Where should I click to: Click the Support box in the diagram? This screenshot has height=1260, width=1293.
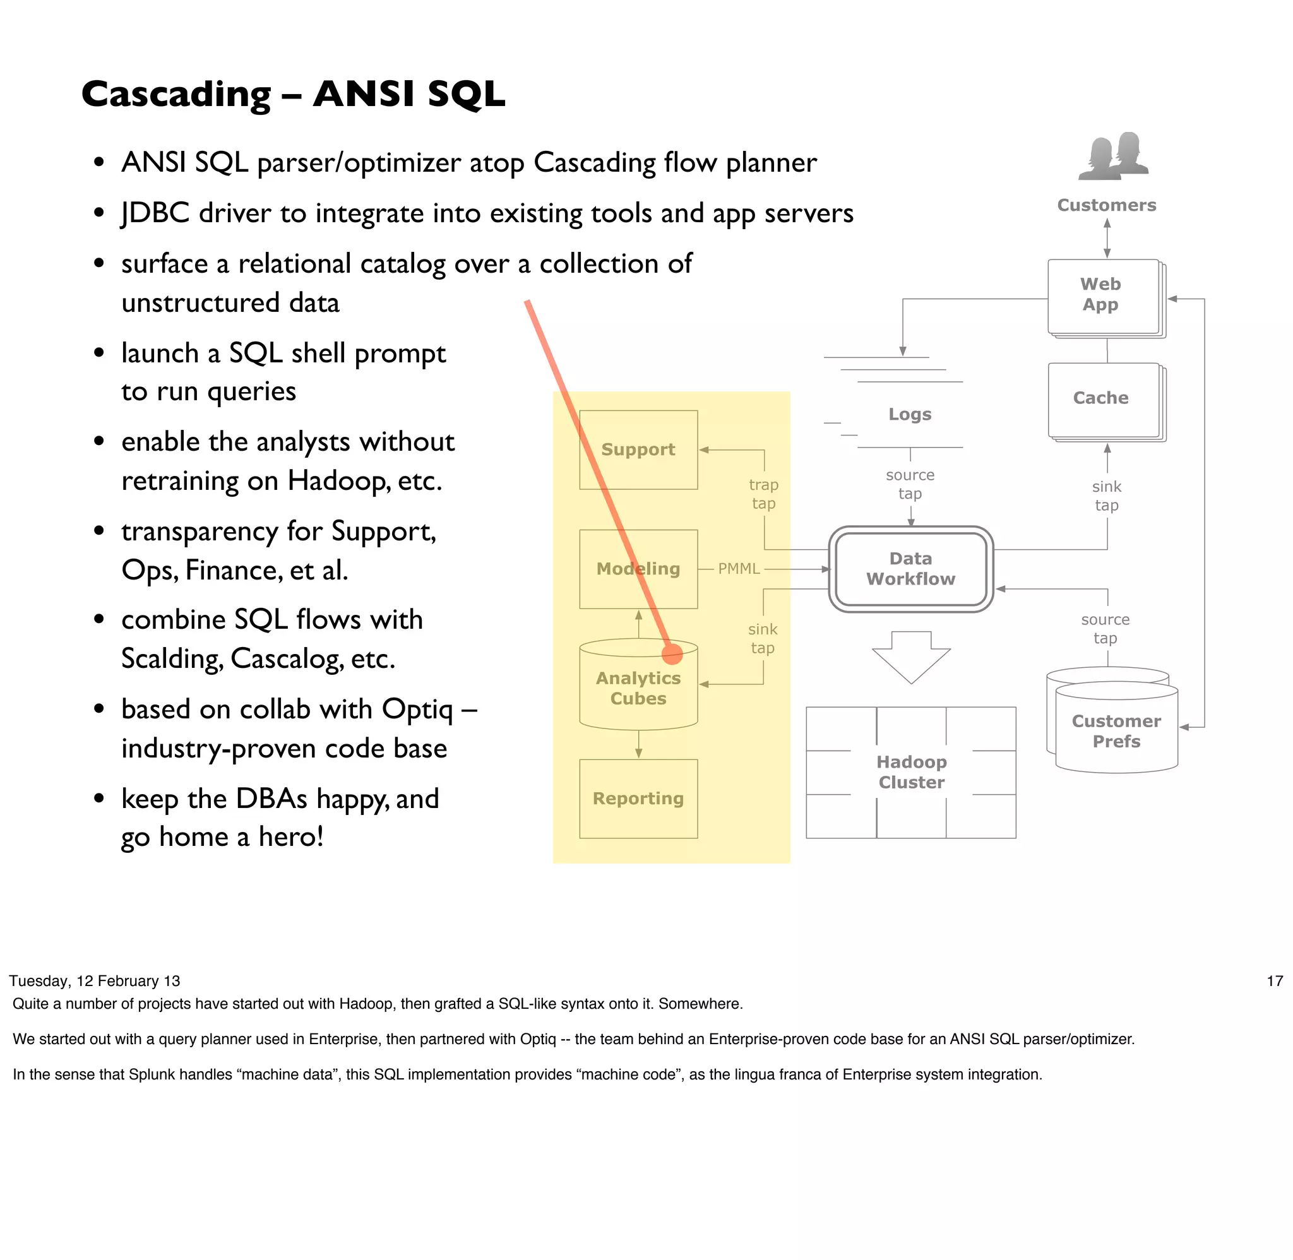(x=638, y=450)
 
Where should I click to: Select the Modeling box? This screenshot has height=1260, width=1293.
(x=638, y=569)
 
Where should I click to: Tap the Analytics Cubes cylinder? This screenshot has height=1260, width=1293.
(x=638, y=689)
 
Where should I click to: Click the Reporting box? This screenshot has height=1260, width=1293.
(x=638, y=799)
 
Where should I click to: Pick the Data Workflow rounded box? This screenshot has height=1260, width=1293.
(x=910, y=569)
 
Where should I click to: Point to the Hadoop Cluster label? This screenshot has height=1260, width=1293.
(x=911, y=772)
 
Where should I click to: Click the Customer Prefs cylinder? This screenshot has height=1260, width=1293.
(x=1116, y=730)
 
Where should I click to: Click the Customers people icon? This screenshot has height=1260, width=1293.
(x=1113, y=157)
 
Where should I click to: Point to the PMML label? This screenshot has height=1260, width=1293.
(x=739, y=569)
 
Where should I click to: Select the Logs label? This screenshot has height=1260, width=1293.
(x=909, y=414)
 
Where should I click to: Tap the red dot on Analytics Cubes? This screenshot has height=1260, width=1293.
(x=672, y=654)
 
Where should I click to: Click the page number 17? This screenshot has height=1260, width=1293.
(x=1274, y=982)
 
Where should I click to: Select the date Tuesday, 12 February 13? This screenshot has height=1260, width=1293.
(x=95, y=982)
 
